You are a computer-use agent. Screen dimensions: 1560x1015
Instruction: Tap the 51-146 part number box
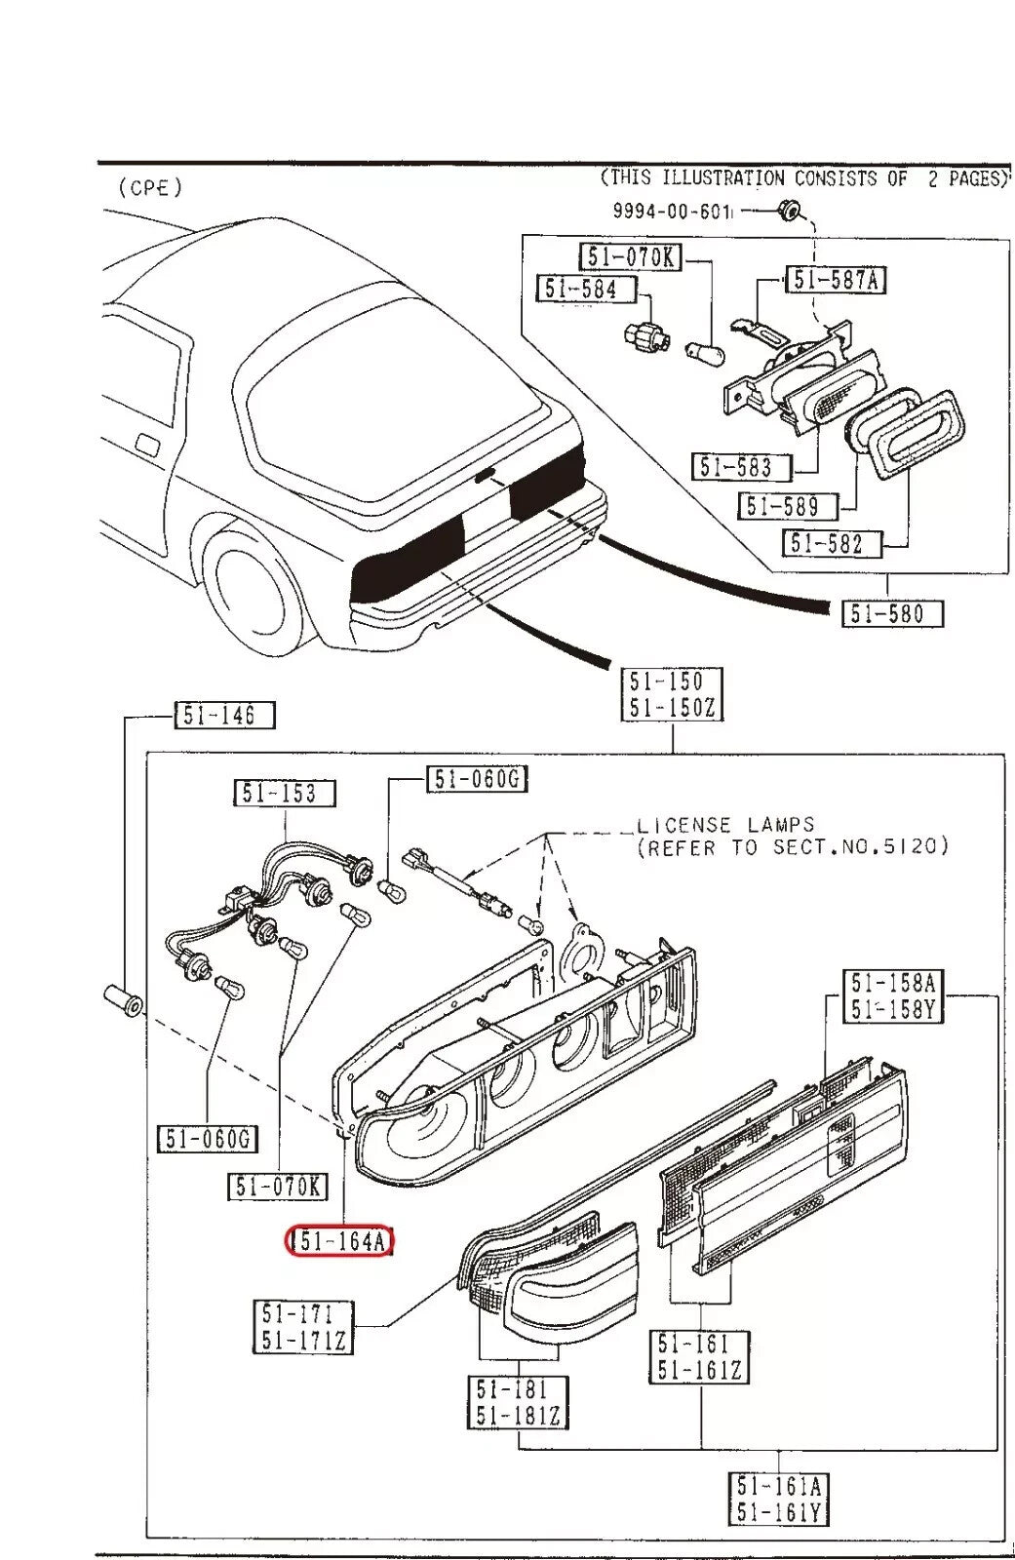pyautogui.click(x=225, y=716)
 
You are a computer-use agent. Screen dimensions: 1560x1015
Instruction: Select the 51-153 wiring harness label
pyautogui.click(x=284, y=793)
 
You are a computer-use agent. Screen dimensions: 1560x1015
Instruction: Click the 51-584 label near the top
pyautogui.click(x=587, y=289)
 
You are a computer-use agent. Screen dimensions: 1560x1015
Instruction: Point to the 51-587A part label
pyautogui.click(x=837, y=280)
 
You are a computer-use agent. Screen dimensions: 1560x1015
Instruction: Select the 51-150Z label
pyautogui.click(x=673, y=708)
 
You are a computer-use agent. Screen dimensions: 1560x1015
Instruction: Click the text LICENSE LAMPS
pyautogui.click(x=725, y=825)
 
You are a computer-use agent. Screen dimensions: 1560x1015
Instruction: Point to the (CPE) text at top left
pyautogui.click(x=150, y=188)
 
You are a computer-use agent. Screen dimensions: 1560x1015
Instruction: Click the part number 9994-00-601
pyautogui.click(x=671, y=211)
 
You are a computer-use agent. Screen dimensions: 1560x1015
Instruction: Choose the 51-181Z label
pyautogui.click(x=518, y=1415)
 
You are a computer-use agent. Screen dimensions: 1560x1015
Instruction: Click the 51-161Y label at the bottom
pyautogui.click(x=779, y=1512)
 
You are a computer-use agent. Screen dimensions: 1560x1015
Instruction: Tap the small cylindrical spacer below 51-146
pyautogui.click(x=124, y=1000)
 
